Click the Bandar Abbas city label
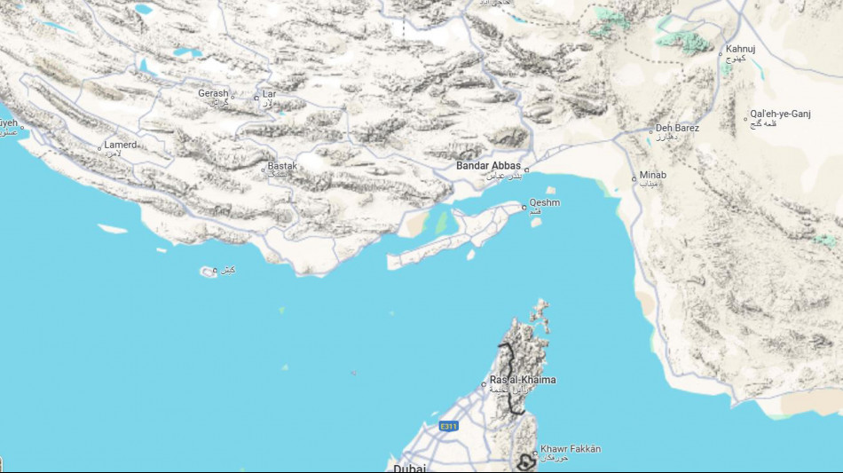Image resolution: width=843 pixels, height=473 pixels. pos(488,165)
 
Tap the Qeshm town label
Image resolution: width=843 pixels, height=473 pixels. pos(544,202)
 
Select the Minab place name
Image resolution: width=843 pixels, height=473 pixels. pos(652,175)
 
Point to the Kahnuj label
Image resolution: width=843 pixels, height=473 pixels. pos(740,49)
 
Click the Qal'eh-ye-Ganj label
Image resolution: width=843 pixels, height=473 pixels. pos(780,114)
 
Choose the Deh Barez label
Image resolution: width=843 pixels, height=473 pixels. pos(677,128)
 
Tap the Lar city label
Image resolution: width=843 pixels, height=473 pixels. pos(269,93)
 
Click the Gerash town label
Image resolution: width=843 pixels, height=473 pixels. pos(213,93)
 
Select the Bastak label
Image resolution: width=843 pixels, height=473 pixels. pos(283,166)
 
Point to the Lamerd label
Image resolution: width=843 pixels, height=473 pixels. pos(121,145)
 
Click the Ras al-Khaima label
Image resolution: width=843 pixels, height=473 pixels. pos(523,380)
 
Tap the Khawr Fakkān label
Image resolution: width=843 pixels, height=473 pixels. pos(570,449)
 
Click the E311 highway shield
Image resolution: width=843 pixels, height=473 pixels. pos(450,427)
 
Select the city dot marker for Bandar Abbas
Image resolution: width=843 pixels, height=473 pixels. pos(526,169)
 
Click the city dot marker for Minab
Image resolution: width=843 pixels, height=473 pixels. pos(634,177)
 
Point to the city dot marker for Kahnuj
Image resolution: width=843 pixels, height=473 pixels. pos(721,53)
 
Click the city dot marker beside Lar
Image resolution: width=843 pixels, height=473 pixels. pos(256,97)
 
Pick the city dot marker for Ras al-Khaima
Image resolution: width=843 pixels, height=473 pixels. pos(485,384)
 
